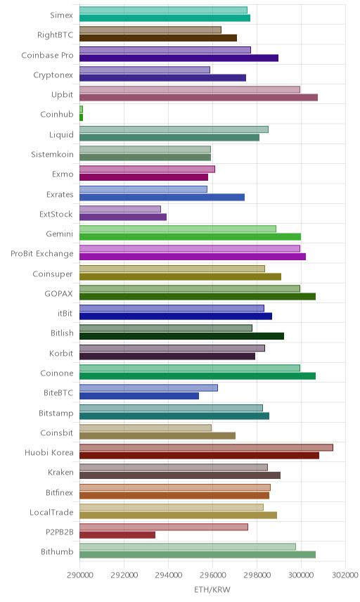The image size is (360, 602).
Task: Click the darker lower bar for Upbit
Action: (x=198, y=98)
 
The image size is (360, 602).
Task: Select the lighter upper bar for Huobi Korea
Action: (x=206, y=447)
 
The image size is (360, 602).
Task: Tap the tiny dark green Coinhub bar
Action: (x=81, y=117)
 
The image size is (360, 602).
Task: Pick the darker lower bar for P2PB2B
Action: (x=117, y=534)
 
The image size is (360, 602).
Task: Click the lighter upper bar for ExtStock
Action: (x=120, y=209)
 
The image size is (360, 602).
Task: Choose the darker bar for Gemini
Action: (x=190, y=236)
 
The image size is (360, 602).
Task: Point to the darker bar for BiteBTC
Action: (x=139, y=396)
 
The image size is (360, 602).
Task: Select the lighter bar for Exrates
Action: (x=143, y=189)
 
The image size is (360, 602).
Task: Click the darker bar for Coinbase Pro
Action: (x=179, y=58)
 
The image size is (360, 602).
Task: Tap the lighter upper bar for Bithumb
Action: (x=188, y=546)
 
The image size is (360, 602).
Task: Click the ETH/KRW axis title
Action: (x=212, y=590)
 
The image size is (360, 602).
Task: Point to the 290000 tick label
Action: (x=79, y=575)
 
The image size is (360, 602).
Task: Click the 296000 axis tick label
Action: (x=212, y=575)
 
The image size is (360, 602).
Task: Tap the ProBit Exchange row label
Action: (x=41, y=254)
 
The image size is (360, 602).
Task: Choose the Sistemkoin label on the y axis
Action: (x=52, y=154)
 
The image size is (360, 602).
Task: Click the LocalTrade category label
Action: (x=51, y=513)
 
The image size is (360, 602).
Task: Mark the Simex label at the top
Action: (x=61, y=15)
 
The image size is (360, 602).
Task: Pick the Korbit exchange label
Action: (x=61, y=353)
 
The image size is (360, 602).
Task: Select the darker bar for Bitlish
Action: (x=181, y=336)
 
